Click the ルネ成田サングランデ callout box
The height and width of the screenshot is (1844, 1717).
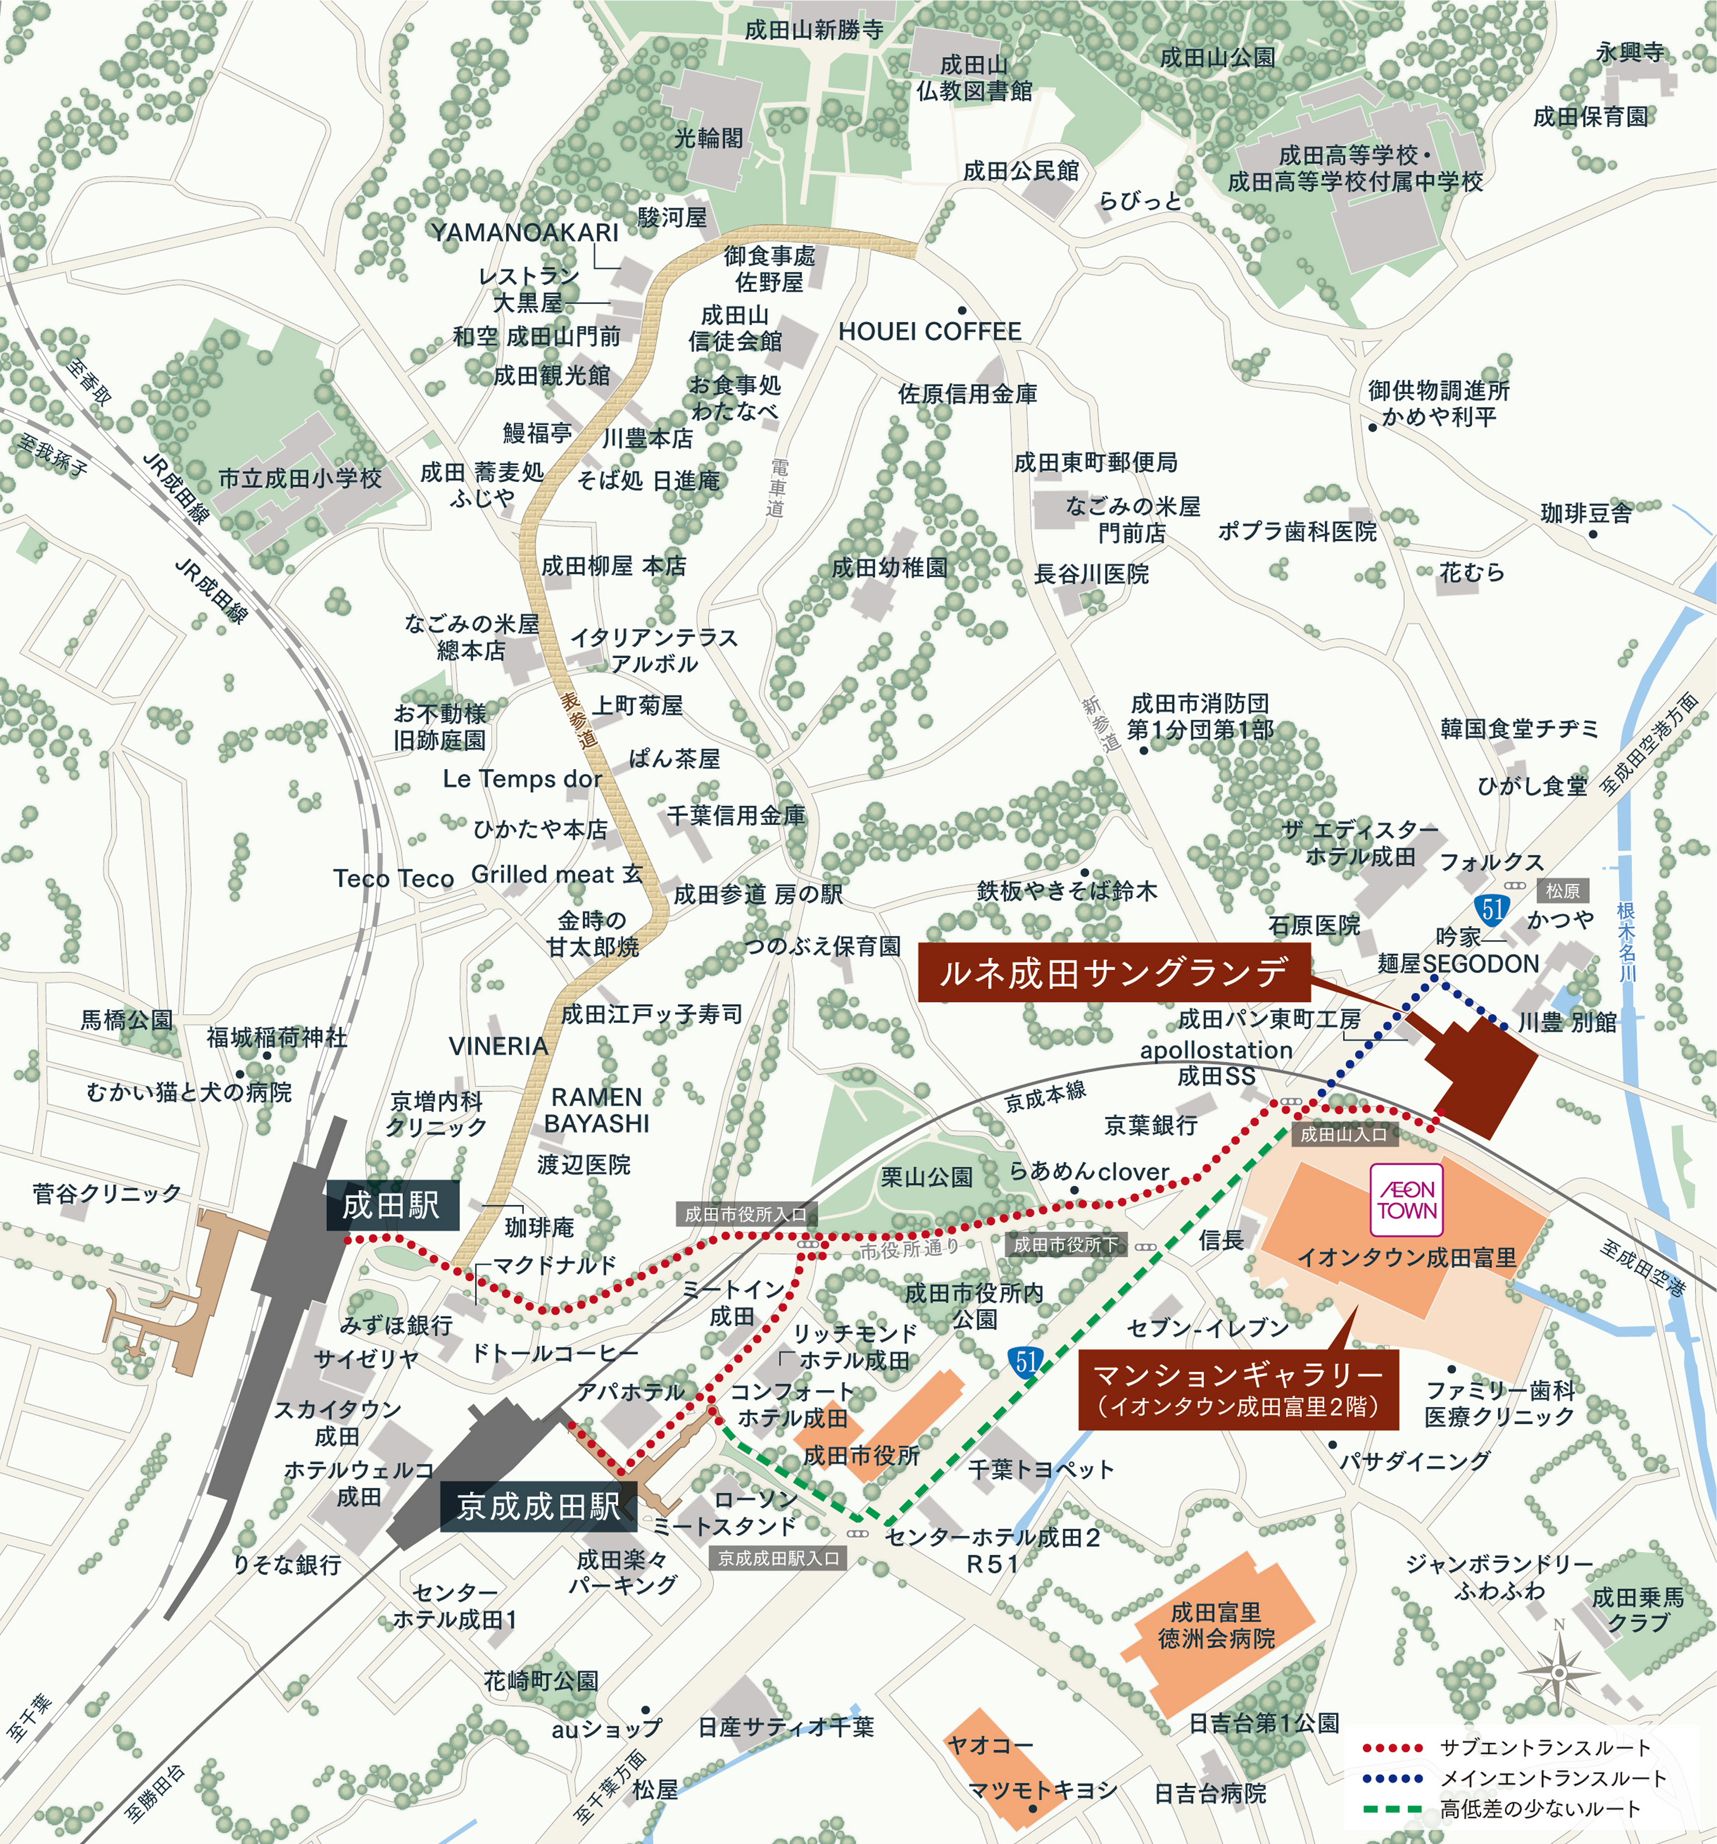pos(1113,972)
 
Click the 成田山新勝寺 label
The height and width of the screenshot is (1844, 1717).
pos(813,31)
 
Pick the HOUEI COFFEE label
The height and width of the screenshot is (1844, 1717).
pos(929,331)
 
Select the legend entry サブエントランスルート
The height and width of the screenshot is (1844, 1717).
pos(1544,1748)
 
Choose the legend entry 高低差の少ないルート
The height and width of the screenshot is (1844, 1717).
pos(1540,1809)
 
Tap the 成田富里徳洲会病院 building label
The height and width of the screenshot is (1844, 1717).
pos(1216,1626)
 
